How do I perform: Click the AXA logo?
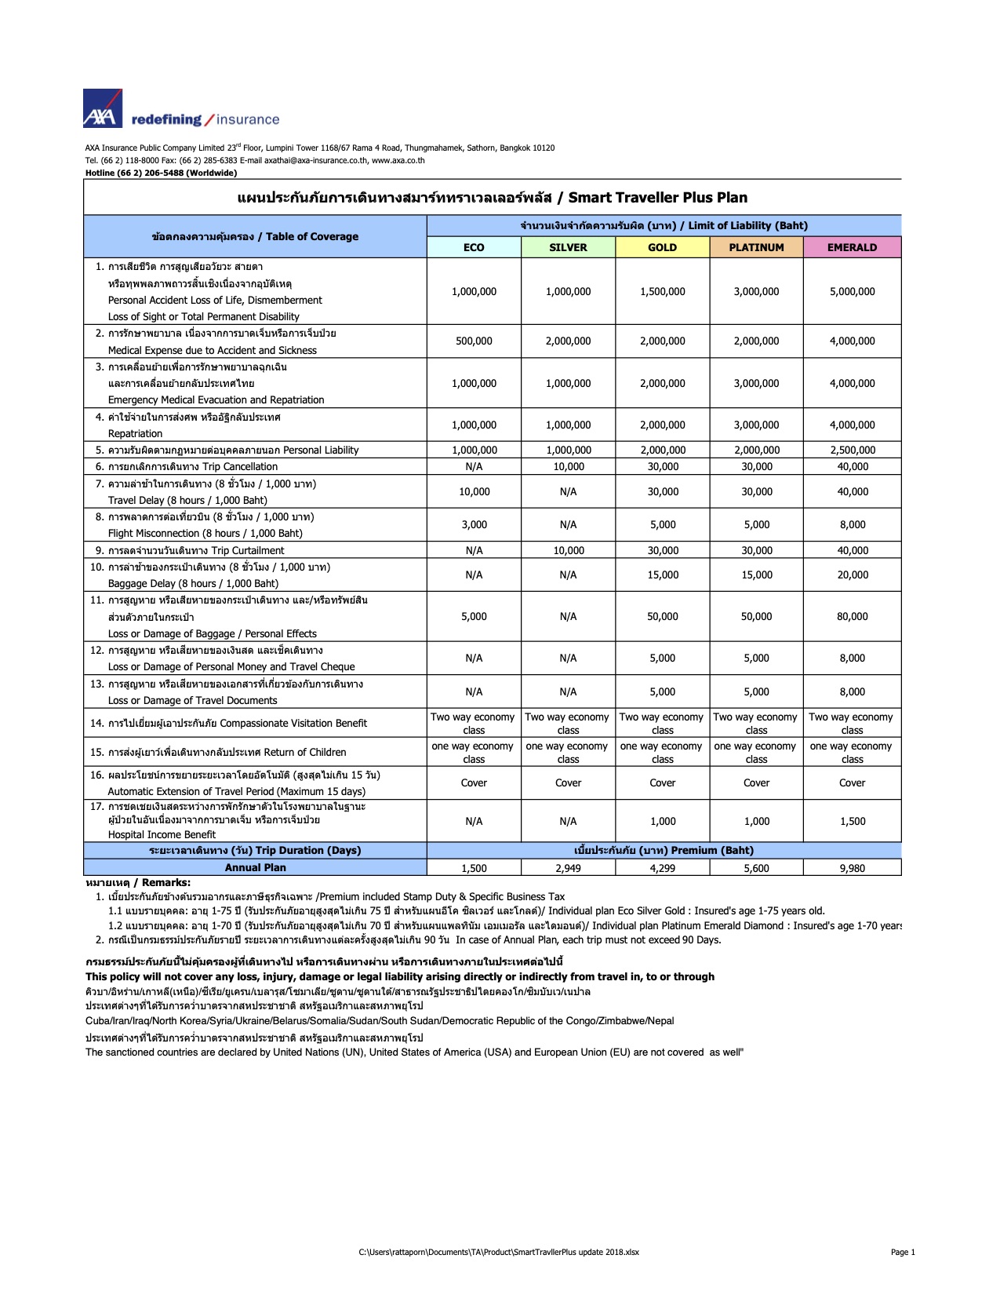[x=103, y=108]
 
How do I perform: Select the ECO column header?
[x=474, y=247]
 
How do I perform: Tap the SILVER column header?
[x=568, y=247]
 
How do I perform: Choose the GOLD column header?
[x=662, y=247]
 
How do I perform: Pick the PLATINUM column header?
[x=756, y=247]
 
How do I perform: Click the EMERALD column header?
[x=852, y=247]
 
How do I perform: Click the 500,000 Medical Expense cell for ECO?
[x=474, y=341]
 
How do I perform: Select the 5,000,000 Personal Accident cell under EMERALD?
[x=852, y=291]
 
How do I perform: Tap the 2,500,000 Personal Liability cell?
[x=852, y=451]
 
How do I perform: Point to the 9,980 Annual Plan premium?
[x=852, y=868]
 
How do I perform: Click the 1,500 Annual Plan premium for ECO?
[x=474, y=868]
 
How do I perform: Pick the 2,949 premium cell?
[x=568, y=868]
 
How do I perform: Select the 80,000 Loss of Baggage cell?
[x=852, y=617]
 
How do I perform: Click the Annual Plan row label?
[x=255, y=867]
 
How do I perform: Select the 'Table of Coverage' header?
[x=255, y=236]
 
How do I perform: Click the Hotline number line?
[x=161, y=173]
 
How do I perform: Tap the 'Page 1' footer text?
[x=903, y=1253]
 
